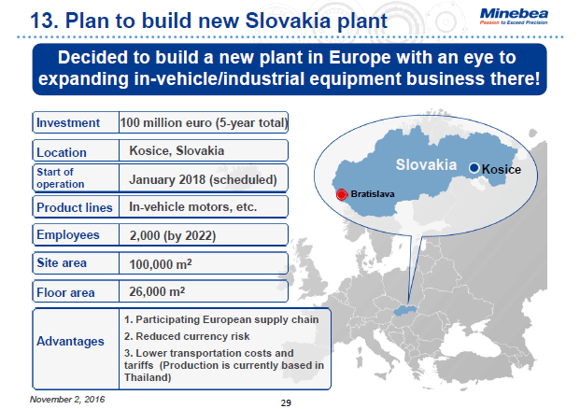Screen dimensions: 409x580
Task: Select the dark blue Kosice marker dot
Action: (x=474, y=167)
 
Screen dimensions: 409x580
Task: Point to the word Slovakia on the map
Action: (x=425, y=164)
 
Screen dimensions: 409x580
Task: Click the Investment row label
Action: (x=70, y=122)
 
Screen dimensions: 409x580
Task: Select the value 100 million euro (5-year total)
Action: (x=204, y=122)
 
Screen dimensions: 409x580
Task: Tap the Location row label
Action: (x=62, y=151)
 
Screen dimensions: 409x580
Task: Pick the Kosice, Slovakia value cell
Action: (x=177, y=150)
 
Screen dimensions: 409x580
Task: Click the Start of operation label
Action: (x=61, y=177)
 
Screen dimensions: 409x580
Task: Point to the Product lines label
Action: (x=74, y=207)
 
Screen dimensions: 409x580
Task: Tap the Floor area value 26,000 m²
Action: (x=159, y=292)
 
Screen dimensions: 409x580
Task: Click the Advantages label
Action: (x=71, y=341)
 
